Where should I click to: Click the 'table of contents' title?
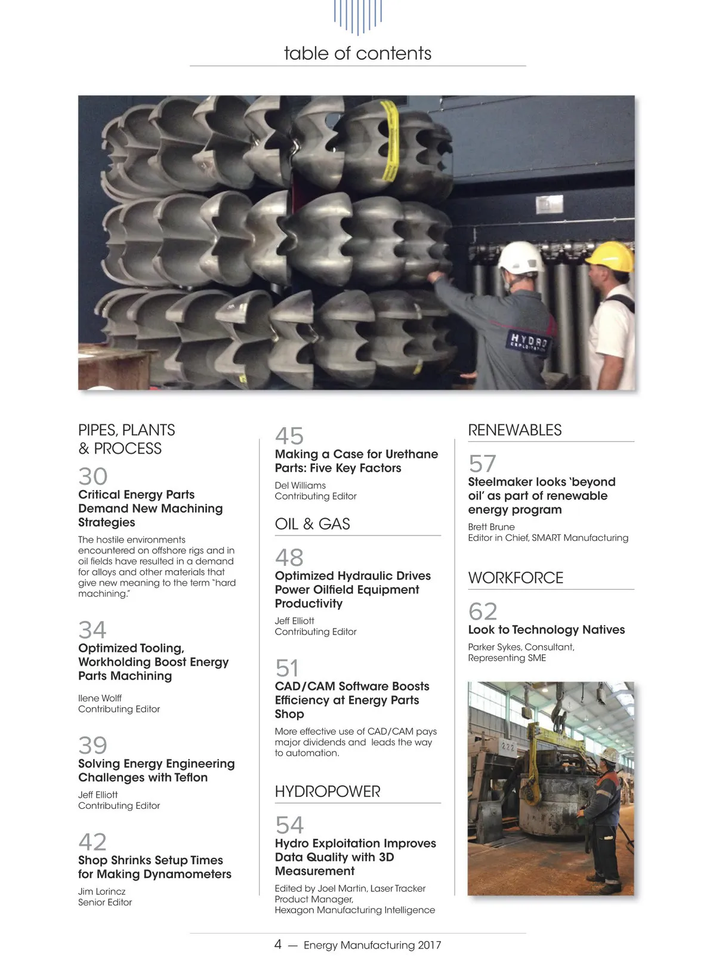(x=357, y=53)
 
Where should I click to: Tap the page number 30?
(x=93, y=476)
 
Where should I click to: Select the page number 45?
(x=289, y=436)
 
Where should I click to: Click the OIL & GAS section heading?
(x=312, y=524)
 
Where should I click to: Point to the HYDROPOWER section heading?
(x=328, y=792)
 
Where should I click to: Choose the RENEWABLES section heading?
(x=514, y=430)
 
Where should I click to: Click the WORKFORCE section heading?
(x=516, y=578)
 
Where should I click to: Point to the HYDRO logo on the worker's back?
(x=529, y=342)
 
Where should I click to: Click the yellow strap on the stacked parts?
(x=391, y=140)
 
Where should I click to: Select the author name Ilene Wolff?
(x=100, y=698)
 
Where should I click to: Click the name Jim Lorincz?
(x=102, y=891)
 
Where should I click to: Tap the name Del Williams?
(x=300, y=485)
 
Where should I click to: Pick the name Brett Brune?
(x=491, y=526)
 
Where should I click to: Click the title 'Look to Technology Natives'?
(x=546, y=630)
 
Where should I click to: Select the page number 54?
(x=289, y=825)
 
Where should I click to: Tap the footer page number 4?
(x=278, y=944)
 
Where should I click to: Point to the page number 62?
(x=483, y=611)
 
